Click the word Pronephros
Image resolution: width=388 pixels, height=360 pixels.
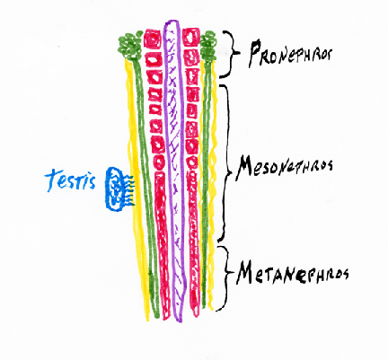(x=290, y=55)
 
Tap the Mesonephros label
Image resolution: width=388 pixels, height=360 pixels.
(x=285, y=167)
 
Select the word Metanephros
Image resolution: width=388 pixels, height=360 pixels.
(x=293, y=274)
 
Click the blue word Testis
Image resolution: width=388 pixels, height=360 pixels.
(x=71, y=180)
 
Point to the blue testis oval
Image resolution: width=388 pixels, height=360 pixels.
(x=114, y=189)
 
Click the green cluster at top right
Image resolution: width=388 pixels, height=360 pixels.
(x=208, y=46)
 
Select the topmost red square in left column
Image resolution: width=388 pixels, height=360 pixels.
(x=153, y=39)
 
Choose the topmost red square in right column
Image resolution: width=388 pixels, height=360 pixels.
(x=190, y=38)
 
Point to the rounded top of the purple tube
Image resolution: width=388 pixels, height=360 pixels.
(x=172, y=22)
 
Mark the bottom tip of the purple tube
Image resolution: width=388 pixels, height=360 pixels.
(x=178, y=320)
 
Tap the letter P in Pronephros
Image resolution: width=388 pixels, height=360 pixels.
(x=255, y=54)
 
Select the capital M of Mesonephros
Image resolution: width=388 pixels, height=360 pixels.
(x=245, y=168)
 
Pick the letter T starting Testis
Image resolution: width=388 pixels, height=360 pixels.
(x=51, y=180)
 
